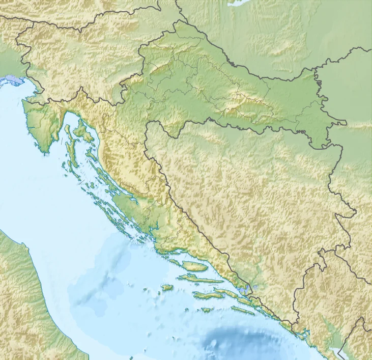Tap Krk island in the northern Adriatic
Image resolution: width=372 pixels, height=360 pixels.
tap(81, 131)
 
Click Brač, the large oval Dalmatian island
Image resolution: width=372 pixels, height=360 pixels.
tap(195, 266)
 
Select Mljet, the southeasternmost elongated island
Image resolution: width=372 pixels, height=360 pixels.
tap(242, 309)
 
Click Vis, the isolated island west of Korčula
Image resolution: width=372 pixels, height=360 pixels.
tap(167, 288)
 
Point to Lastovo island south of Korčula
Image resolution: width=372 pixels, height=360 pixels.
tap(206, 310)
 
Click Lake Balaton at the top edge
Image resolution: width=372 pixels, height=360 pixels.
tap(239, 3)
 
